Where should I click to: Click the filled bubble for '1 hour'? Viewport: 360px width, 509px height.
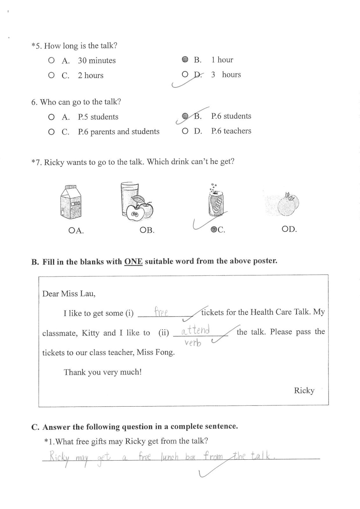click(x=185, y=59)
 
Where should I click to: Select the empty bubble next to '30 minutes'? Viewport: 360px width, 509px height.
click(x=51, y=60)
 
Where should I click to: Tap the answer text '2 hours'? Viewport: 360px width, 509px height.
click(x=91, y=75)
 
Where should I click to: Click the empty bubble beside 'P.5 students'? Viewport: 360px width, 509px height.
click(x=51, y=117)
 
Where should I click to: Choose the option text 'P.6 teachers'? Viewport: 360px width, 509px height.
click(x=231, y=131)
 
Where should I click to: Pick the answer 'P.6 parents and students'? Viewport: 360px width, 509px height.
click(x=118, y=132)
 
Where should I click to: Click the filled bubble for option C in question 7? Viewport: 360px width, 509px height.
click(x=214, y=229)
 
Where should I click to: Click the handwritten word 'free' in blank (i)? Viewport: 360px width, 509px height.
click(x=161, y=312)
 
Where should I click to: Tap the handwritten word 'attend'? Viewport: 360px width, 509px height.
click(x=195, y=330)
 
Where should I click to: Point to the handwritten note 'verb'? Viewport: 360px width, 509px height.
click(x=193, y=343)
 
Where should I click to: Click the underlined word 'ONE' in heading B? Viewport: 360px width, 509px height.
click(x=133, y=261)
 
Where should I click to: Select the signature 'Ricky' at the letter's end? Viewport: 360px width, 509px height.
click(x=304, y=390)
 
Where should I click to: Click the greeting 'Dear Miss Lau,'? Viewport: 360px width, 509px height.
click(x=69, y=293)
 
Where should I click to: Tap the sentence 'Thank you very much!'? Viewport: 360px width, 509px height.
click(x=102, y=372)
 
